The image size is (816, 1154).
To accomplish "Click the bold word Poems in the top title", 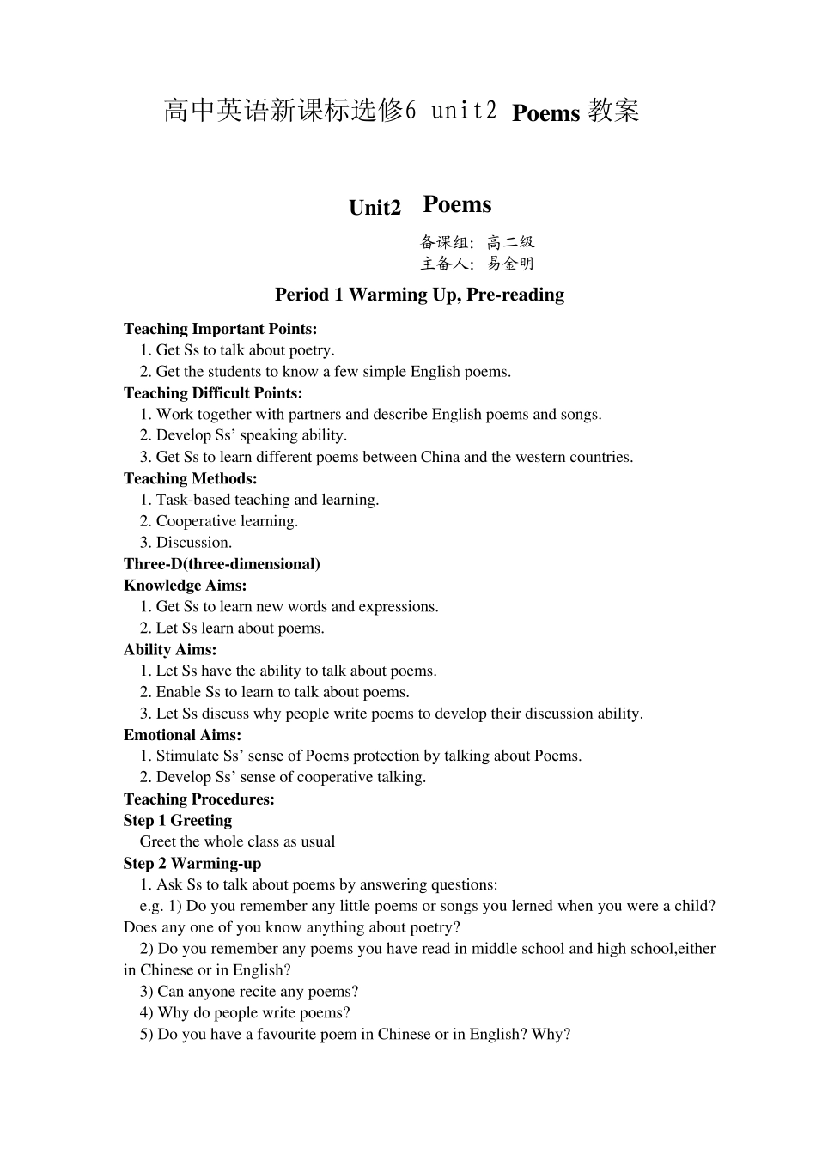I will [545, 113].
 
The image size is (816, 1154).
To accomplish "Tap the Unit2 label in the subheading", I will [375, 209].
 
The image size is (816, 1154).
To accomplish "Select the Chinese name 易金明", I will [511, 264].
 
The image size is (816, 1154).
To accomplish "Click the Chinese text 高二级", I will [511, 242].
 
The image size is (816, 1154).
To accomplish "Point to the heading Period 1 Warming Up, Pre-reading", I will [419, 295].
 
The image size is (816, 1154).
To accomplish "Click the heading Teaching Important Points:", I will [220, 329].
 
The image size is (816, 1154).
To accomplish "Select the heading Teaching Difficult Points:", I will [213, 393].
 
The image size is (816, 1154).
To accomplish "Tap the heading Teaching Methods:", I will [190, 478].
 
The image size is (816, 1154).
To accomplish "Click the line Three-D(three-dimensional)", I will [222, 564].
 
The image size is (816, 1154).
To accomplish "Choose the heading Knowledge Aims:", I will [185, 586].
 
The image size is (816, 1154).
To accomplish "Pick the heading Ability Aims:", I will [170, 650].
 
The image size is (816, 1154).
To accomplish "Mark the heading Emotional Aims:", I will [182, 735].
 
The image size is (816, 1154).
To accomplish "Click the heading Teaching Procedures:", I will [199, 799].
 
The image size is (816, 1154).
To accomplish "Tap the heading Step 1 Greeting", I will [177, 821].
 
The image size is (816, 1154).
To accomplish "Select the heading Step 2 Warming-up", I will [192, 864].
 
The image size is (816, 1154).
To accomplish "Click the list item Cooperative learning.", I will [227, 521].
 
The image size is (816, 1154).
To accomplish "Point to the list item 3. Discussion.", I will [186, 543].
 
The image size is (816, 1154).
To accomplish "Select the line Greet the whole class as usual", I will [237, 842].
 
